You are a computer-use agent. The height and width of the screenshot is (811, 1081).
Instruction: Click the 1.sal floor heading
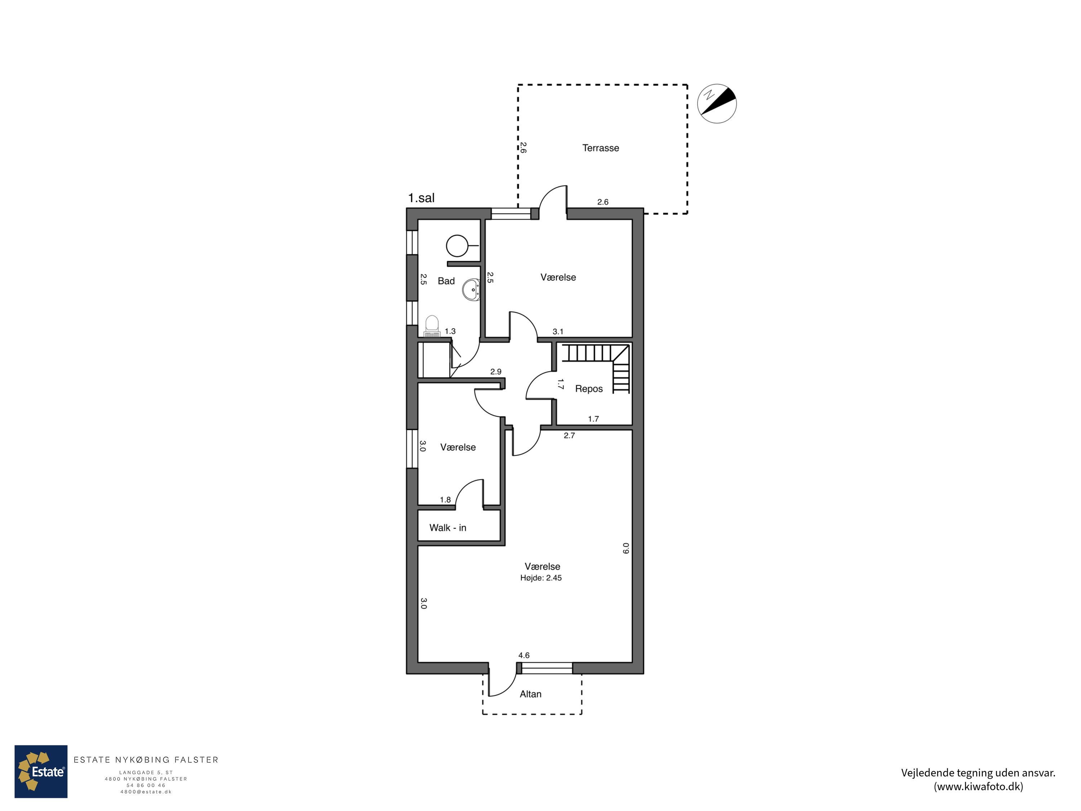click(421, 198)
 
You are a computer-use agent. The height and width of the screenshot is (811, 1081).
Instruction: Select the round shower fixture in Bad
click(457, 246)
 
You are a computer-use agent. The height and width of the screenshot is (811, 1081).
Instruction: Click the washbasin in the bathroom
click(472, 289)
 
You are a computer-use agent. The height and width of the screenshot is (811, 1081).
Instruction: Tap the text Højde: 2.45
click(540, 578)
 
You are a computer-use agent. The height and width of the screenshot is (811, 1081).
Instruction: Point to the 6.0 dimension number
click(626, 549)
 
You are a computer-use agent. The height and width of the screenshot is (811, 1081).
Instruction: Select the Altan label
click(530, 694)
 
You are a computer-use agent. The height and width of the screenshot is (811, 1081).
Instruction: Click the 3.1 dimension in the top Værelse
click(557, 332)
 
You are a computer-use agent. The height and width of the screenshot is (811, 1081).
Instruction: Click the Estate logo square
click(41, 771)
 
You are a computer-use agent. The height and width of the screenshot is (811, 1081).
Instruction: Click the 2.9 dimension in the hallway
click(495, 372)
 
